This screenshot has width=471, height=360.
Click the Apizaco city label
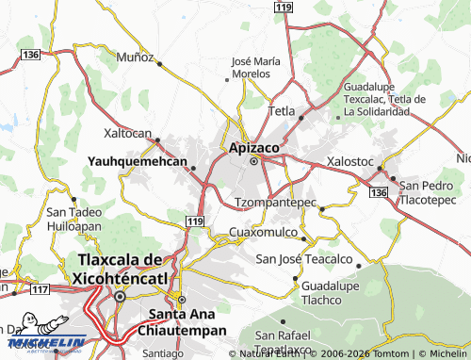click(253, 147)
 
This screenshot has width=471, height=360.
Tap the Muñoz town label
click(135, 57)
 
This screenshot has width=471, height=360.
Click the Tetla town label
click(283, 111)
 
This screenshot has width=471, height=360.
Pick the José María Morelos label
click(255, 68)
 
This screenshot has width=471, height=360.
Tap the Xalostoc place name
click(349, 161)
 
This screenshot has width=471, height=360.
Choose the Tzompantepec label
click(274, 203)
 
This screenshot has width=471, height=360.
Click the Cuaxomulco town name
click(263, 232)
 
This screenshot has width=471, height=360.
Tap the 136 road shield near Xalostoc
click(379, 192)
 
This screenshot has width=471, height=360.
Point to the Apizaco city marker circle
click(253, 162)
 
